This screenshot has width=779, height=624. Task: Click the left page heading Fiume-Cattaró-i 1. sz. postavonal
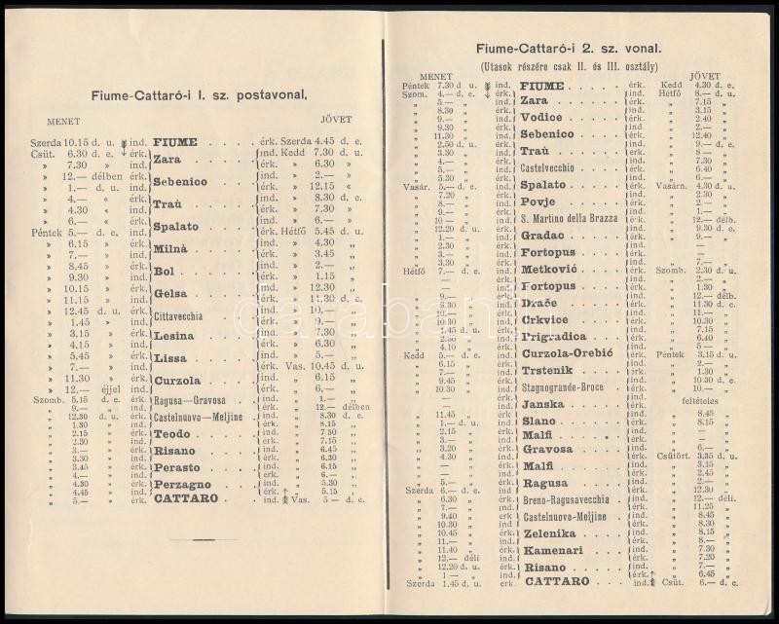[x=198, y=94]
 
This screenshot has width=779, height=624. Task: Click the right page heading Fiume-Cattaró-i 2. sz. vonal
[x=569, y=48]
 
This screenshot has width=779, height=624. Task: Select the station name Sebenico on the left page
[x=180, y=182]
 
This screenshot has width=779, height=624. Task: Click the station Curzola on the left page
[x=177, y=381]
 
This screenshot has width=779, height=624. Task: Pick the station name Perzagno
[x=182, y=484]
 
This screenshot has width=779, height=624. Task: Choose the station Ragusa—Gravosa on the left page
[x=190, y=400]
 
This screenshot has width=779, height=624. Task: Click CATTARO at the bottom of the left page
[x=185, y=498]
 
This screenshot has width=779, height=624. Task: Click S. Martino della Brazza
[x=569, y=218]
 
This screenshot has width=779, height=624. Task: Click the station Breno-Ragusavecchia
[x=566, y=499]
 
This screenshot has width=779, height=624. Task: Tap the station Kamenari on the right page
[x=553, y=550]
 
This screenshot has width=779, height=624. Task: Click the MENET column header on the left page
[x=64, y=121]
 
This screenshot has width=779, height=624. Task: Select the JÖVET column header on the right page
[x=704, y=75]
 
